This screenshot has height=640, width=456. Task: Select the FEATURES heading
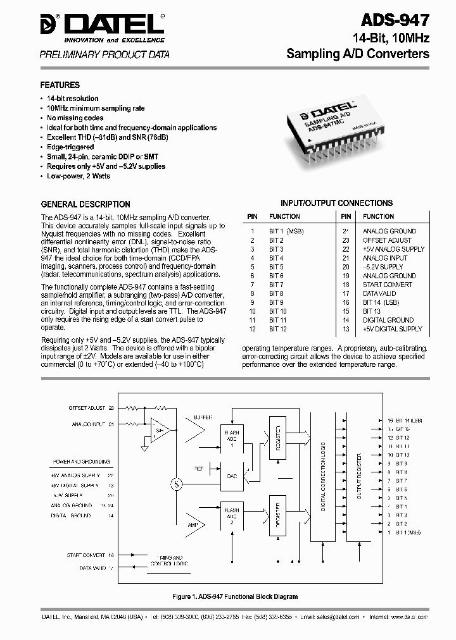pyautogui.click(x=60, y=85)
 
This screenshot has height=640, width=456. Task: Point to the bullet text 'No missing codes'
pyautogui.click(x=75, y=118)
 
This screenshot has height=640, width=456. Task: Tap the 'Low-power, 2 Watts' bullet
pyautogui.click(x=79, y=176)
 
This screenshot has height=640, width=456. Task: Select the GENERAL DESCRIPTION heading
pyautogui.click(x=85, y=204)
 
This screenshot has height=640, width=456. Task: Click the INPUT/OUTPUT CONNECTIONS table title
pyautogui.click(x=336, y=204)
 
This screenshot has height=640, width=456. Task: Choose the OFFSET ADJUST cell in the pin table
pyautogui.click(x=386, y=240)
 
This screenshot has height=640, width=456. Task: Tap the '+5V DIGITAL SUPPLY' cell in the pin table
pyautogui.click(x=392, y=329)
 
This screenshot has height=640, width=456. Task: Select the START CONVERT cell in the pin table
pyautogui.click(x=387, y=285)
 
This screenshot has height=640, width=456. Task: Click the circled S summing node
pyautogui.click(x=176, y=484)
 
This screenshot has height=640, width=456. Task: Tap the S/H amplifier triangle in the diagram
pyautogui.click(x=158, y=432)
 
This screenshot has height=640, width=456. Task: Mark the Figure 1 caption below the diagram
pyautogui.click(x=235, y=596)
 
